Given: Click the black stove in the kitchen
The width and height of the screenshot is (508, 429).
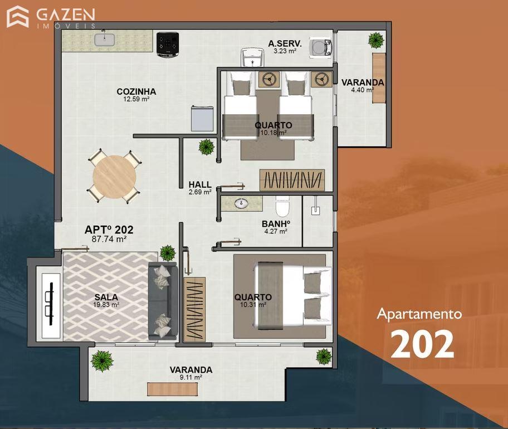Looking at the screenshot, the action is coord(168,45).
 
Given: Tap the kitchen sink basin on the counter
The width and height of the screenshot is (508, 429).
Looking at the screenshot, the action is coord(105,40).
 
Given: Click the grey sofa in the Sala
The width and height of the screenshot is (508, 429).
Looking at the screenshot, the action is coord(163,301).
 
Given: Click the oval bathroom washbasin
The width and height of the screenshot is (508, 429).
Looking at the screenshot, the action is coord(241,203).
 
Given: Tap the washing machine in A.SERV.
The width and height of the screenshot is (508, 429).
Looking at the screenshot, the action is coord(321,48).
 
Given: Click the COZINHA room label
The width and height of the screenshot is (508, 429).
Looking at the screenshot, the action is coord(136,92).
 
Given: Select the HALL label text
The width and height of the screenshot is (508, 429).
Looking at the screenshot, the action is coord(200,184).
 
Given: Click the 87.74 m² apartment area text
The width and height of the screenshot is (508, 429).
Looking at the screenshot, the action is coord(109,239).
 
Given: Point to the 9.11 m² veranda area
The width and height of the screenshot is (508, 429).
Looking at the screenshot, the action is coord(191,377).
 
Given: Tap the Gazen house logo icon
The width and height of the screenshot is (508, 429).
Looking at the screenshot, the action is coord(18,17).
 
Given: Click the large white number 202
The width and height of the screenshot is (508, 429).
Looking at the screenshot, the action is coord(422,344).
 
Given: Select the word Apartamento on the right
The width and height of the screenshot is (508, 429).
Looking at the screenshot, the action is coord(419,314).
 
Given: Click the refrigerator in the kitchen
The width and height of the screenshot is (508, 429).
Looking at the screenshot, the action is coord(202,118).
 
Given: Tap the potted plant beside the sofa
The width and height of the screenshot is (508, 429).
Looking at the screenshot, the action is coord(168,253).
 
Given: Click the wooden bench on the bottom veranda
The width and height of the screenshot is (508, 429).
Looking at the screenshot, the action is coord(172,389).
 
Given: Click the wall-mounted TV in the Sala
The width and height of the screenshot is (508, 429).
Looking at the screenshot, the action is coord(51,304).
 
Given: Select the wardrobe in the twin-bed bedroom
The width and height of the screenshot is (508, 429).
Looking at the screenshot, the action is coord(292,180).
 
